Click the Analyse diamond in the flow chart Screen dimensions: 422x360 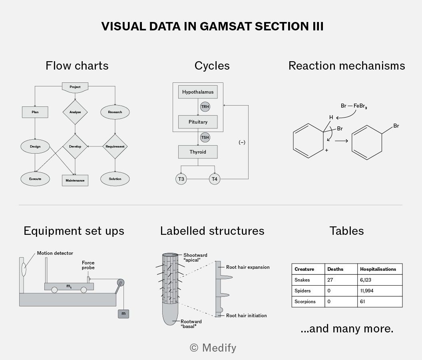tap(75, 112)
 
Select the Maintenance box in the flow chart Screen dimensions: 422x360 tap(75, 180)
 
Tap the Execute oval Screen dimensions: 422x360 tap(35, 179)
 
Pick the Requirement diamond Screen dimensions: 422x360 tap(115, 146)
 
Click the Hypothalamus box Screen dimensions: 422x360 tap(198, 92)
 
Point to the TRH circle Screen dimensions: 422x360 tap(205, 107)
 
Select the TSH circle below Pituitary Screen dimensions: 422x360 tap(205, 138)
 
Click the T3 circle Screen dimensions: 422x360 tap(181, 179)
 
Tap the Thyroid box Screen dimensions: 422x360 tap(198, 152)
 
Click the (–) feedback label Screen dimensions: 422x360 tap(242, 142)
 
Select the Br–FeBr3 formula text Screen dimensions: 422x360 tap(354, 106)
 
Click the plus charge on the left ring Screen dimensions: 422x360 tap(326, 150)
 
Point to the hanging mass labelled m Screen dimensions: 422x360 tap(123, 314)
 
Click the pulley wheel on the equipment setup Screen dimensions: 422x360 tap(121, 283)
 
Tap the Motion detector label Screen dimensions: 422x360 tap(55, 253)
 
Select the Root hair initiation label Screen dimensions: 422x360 tap(247, 316)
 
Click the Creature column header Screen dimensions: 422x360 tap(305, 269)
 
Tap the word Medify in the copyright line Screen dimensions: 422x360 tap(219, 348)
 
